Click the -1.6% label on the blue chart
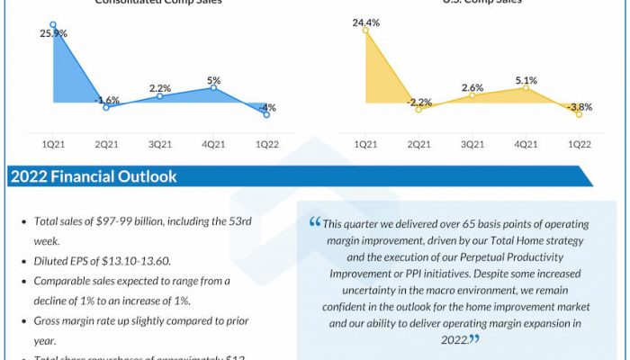click(108, 99)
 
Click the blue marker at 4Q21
click(214, 86)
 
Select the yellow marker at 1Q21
click(366, 30)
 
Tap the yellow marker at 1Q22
click(579, 113)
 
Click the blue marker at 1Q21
click(53, 24)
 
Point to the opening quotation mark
click(314, 222)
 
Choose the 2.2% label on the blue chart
click(160, 88)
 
